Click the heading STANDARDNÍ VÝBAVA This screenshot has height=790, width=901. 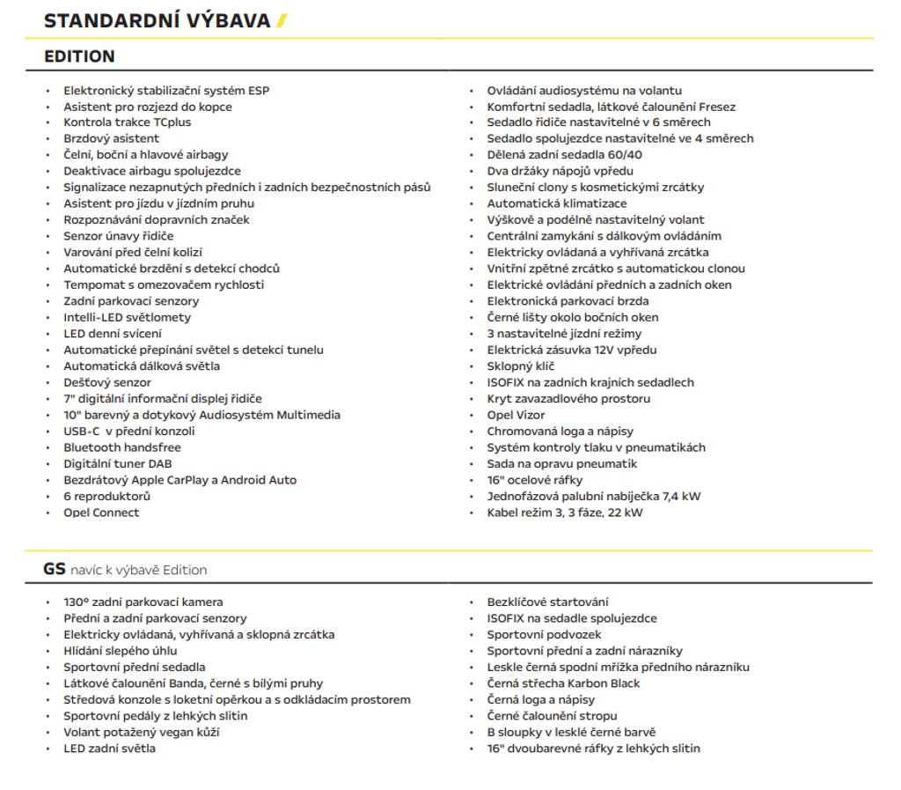[x=157, y=21]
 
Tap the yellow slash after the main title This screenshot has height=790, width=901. [x=281, y=21]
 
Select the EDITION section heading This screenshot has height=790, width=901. [x=79, y=56]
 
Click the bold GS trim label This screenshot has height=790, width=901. [x=55, y=569]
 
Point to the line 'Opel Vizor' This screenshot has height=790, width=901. [x=516, y=415]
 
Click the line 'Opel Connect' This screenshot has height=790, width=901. [x=101, y=513]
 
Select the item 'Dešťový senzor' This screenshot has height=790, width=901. [x=107, y=382]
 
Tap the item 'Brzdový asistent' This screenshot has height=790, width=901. [x=111, y=138]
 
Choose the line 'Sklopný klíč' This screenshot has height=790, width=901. [x=521, y=366]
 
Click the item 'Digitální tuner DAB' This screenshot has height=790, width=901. [x=119, y=463]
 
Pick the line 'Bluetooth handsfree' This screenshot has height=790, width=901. [x=121, y=447]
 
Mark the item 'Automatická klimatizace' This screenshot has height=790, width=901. [x=557, y=203]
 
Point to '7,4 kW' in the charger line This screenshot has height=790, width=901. [x=680, y=496]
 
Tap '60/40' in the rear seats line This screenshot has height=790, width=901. [x=625, y=154]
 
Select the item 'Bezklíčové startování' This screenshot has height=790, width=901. [x=547, y=602]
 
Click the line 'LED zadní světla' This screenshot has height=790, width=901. [x=109, y=749]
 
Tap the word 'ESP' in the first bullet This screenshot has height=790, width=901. [x=260, y=90]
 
